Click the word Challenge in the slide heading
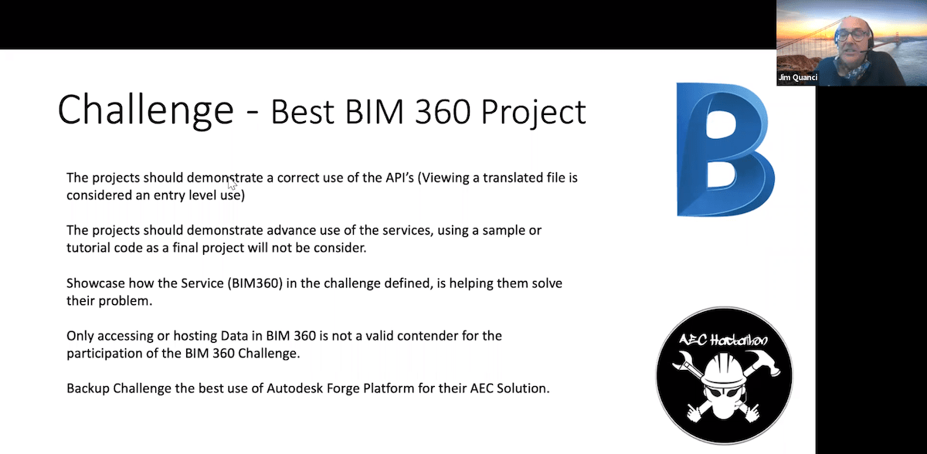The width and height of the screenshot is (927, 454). pos(145,110)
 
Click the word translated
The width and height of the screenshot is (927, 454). pos(505,178)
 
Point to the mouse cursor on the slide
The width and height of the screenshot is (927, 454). pos(231,184)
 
